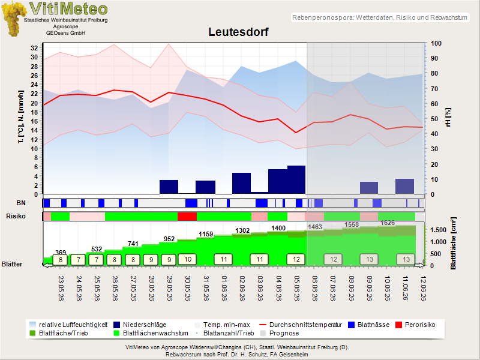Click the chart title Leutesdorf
[238, 32]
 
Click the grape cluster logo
[13, 19]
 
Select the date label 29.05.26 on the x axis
[169, 288]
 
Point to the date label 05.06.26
[296, 288]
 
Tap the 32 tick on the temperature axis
[34, 48]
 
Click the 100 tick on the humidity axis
[436, 43]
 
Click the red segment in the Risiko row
[187, 217]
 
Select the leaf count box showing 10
[188, 260]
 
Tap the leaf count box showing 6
[61, 260]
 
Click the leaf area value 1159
[206, 234]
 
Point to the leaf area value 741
[133, 244]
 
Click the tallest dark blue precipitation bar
[296, 179]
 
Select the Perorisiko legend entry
[415, 325]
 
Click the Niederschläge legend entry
[140, 325]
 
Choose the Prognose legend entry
[280, 334]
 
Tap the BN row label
[21, 203]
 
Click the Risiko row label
[16, 216]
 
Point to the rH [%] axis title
[448, 117]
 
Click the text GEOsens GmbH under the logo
[65, 33]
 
